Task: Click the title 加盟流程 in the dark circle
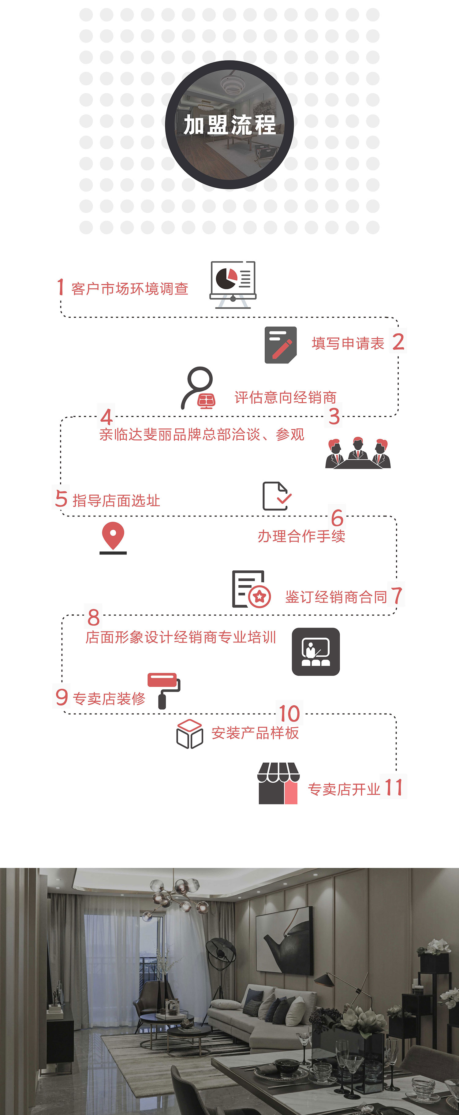229,125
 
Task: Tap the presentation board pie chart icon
233,284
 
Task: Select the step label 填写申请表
348,344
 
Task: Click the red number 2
398,342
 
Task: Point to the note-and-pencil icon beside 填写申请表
281,345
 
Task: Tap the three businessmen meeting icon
358,453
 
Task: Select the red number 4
106,417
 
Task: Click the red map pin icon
113,537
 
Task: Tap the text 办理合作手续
301,536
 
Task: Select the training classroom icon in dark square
316,651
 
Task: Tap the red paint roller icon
164,689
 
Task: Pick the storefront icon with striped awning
278,783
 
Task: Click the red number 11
394,787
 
